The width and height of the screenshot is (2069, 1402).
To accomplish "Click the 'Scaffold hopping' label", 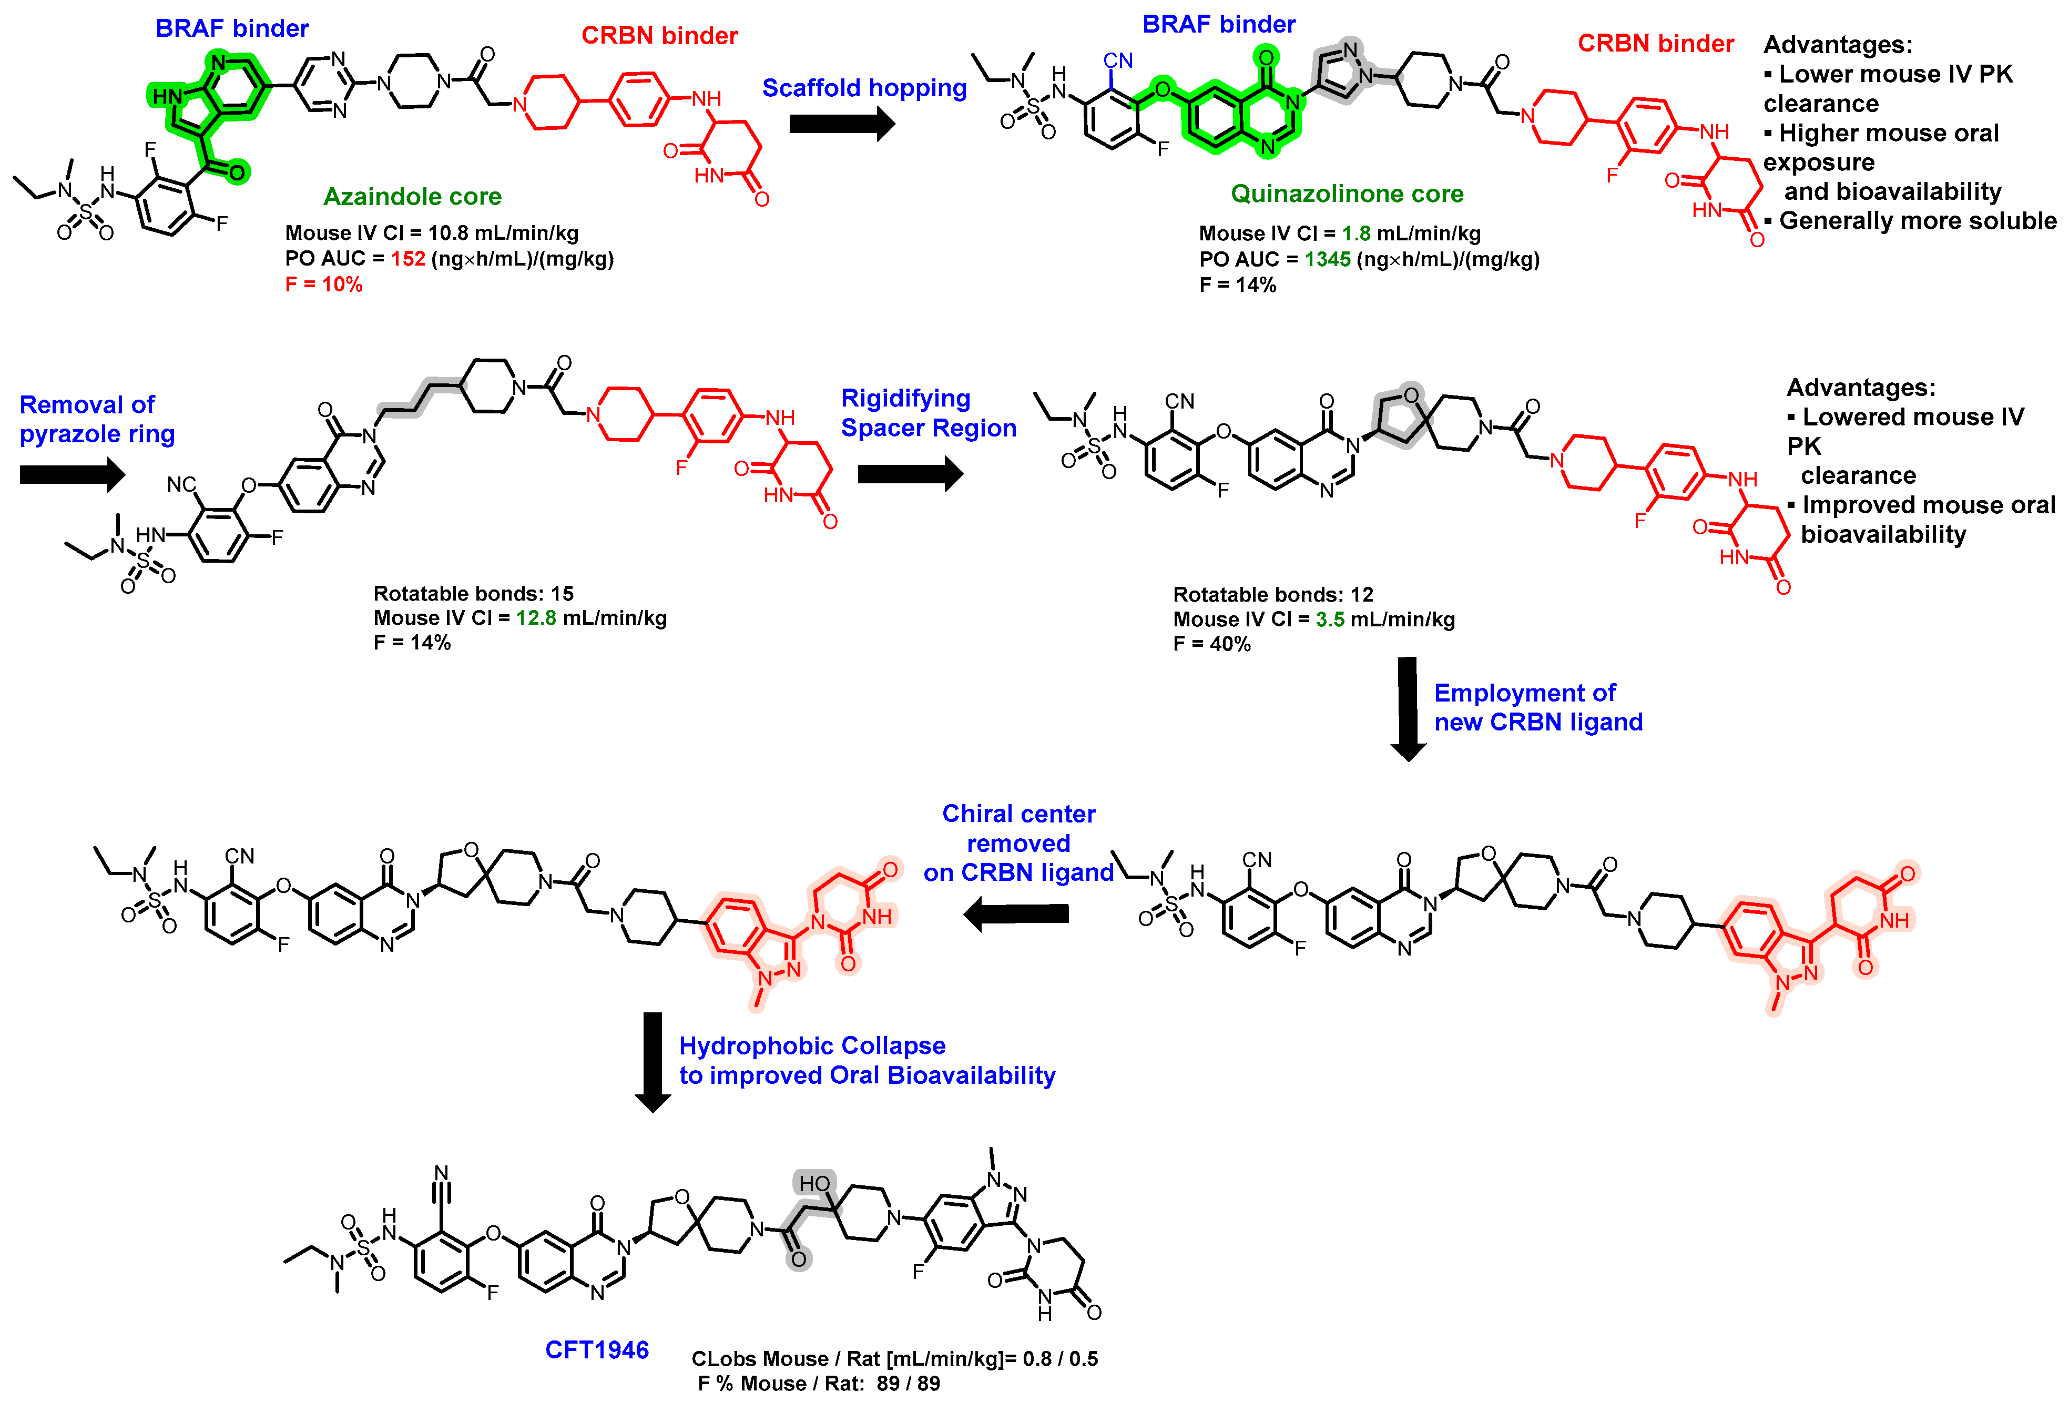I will tap(863, 88).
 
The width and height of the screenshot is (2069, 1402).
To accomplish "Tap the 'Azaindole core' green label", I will tap(412, 197).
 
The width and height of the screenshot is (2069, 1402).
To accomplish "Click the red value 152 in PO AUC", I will tap(407, 259).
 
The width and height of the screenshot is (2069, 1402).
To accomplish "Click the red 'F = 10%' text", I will tap(323, 285).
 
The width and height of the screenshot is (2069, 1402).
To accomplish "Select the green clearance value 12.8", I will tap(536, 618).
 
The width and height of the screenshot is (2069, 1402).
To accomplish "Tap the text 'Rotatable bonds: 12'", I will tap(1272, 595).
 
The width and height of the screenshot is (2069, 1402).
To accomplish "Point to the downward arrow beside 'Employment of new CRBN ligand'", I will tap(1408, 708).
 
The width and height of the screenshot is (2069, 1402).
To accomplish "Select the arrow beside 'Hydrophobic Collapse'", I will tap(653, 1061).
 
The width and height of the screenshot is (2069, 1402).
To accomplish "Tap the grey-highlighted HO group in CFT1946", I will tap(814, 1184).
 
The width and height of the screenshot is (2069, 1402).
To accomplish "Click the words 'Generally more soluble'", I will tap(1917, 221).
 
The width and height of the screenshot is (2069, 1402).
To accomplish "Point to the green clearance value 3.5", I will tap(1330, 619).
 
